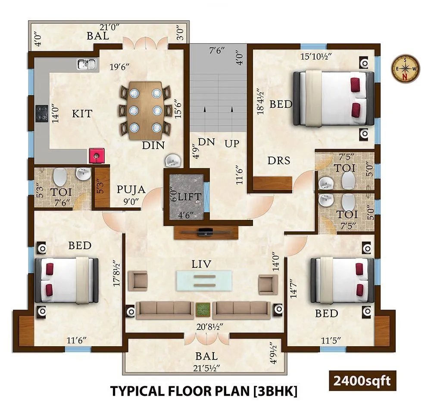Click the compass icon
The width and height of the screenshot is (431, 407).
(x=405, y=69)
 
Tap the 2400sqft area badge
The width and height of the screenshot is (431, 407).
(x=361, y=380)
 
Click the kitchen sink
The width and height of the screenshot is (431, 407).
(x=87, y=64)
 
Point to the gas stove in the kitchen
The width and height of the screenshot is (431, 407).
(x=42, y=113)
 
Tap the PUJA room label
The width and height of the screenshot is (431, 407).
(x=131, y=190)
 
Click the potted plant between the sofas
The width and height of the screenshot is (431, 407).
(x=202, y=310)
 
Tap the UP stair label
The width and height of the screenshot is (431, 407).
(x=232, y=143)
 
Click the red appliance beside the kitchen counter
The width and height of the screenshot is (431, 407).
(x=96, y=155)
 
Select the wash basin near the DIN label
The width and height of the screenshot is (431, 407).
(x=174, y=161)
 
